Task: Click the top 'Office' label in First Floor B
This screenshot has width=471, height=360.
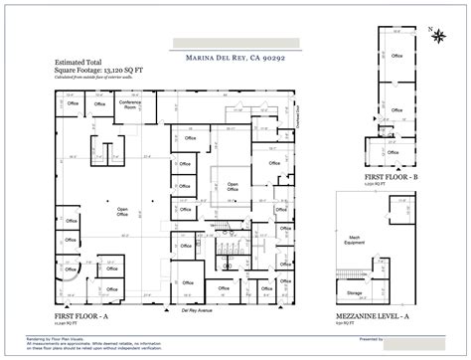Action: coord(396,58)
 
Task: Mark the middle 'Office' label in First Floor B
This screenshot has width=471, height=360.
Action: coord(395,108)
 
